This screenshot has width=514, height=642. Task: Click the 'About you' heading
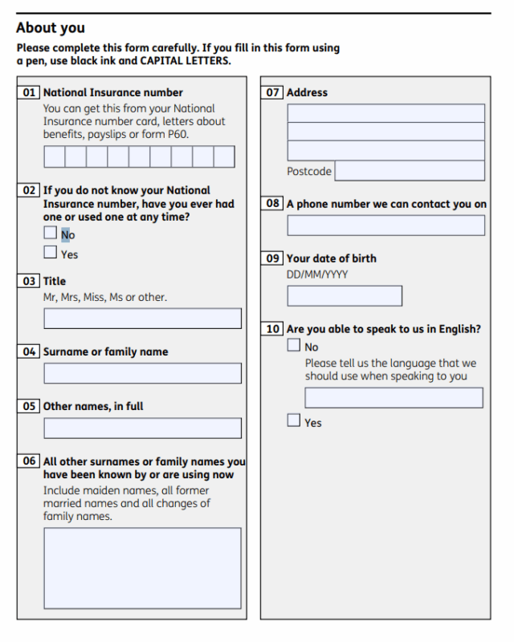point(50,28)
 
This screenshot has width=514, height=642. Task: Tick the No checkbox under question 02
point(51,234)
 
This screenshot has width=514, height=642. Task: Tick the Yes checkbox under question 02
point(51,253)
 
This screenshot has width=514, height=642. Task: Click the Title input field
point(142,319)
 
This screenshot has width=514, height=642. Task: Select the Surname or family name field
point(142,373)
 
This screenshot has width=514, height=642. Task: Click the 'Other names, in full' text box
point(142,428)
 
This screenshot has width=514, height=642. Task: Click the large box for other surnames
point(142,567)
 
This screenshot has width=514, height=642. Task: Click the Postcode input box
point(409,171)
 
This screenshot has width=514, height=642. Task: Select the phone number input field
point(385,226)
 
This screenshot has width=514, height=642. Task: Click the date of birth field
point(345,296)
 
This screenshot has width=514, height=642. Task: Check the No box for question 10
point(294,346)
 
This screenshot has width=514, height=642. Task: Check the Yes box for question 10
point(294,421)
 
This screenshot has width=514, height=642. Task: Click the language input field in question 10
point(394,398)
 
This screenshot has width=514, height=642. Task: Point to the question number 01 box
point(29,92)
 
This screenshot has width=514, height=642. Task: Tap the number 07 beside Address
point(273,92)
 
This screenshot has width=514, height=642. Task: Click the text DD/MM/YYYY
point(317,274)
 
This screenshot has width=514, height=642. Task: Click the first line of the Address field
point(385,113)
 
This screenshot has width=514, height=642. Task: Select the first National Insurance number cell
point(54,156)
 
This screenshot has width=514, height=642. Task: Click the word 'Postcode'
point(309,171)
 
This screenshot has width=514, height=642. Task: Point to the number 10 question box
point(273,329)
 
